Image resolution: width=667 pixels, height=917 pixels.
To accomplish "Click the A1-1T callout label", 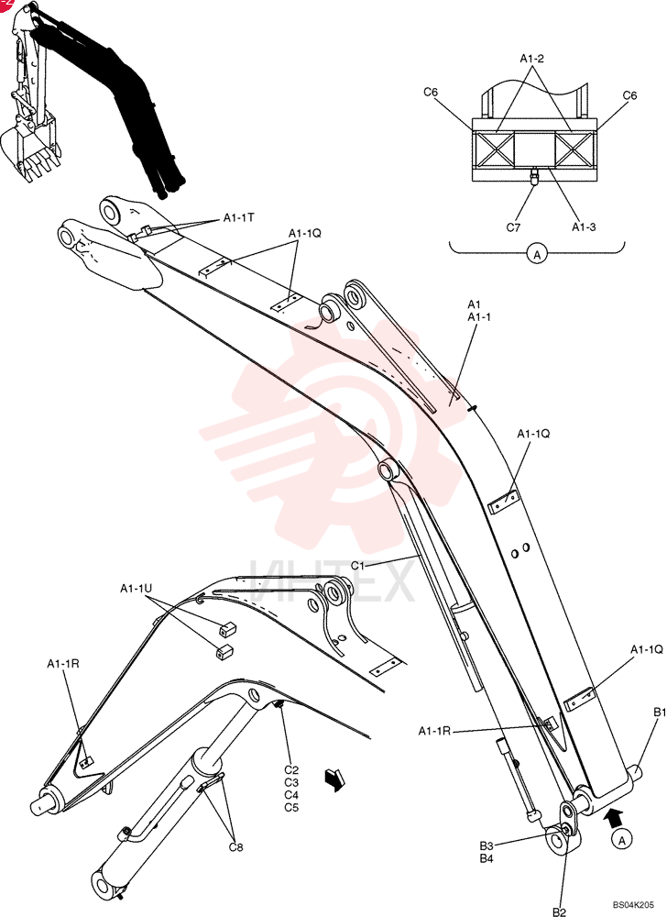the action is tap(239, 217).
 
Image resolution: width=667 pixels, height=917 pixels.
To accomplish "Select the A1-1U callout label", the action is tap(137, 589).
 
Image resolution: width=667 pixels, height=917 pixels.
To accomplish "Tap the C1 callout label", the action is tap(357, 566).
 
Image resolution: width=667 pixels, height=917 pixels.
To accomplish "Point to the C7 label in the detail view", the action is tap(513, 227).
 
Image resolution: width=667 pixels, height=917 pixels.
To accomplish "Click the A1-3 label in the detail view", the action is tap(584, 226).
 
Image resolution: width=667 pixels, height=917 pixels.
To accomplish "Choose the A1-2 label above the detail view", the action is tap(532, 59).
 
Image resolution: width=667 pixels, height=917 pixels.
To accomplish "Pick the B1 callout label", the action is tap(660, 713).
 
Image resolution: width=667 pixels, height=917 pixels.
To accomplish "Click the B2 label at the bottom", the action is tap(560, 911).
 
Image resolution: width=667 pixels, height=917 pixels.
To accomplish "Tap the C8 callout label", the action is tap(236, 846).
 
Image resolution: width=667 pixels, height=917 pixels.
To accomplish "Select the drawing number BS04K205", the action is tap(633, 904).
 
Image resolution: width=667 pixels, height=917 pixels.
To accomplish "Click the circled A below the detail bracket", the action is tap(537, 254).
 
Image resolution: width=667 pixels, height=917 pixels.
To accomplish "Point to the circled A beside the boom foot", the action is tap(623, 840).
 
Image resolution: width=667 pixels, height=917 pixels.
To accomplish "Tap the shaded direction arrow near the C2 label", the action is tap(336, 779).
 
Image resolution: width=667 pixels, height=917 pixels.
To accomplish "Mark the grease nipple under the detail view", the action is tap(534, 177).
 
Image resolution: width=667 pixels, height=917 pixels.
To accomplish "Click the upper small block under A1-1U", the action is tap(226, 629).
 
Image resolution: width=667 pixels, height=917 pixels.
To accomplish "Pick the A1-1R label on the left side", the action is tap(63, 663).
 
